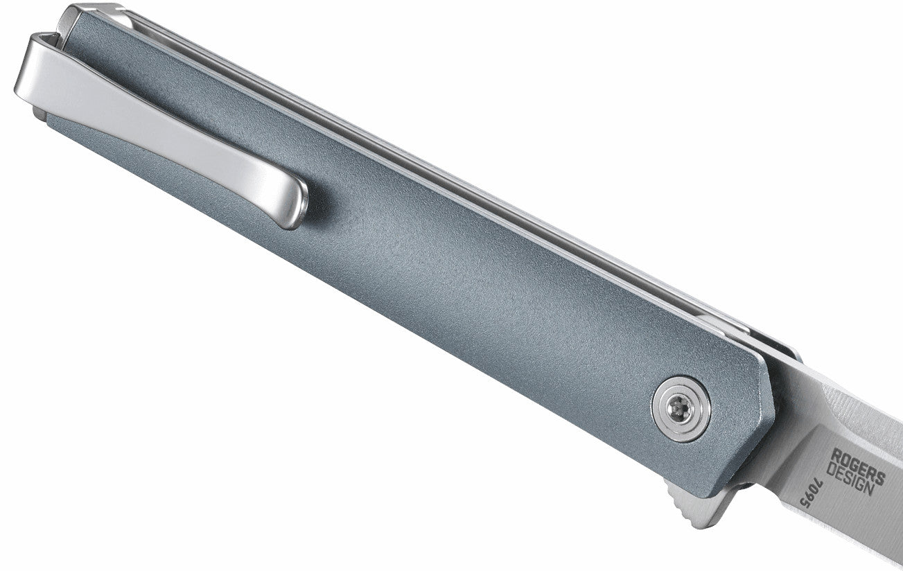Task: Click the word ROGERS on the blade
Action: click(x=858, y=466)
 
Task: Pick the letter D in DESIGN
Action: click(x=831, y=469)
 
